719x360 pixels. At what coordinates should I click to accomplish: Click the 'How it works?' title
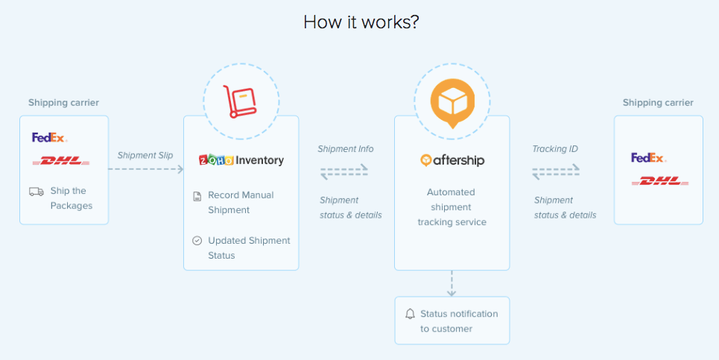[x=361, y=22]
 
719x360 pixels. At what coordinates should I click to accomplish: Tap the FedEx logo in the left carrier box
[x=49, y=137]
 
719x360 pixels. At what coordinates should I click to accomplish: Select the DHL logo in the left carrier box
[x=61, y=160]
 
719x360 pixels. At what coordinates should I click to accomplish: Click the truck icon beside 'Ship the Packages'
[x=36, y=192]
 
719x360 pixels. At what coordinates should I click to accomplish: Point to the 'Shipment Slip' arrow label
[x=145, y=155]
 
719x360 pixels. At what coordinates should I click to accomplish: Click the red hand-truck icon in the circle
[x=241, y=101]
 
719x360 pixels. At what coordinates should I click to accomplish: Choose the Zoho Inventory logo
[x=241, y=160]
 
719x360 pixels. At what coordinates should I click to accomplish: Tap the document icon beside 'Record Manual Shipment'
[x=197, y=196]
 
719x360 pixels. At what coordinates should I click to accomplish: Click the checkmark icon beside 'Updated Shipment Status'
[x=197, y=241]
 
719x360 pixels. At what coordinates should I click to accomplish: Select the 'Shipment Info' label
[x=345, y=149]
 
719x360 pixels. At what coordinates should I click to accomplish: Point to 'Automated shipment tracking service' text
[x=452, y=206]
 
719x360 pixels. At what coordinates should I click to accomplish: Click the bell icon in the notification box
[x=410, y=314]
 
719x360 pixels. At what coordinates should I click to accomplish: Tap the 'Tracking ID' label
[x=554, y=149]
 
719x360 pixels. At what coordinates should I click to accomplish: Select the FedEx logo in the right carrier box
[x=648, y=158]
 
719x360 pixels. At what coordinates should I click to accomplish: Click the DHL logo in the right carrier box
[x=659, y=181]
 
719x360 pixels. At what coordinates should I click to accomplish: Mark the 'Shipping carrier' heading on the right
[x=658, y=103]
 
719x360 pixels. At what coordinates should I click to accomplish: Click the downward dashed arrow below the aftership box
[x=452, y=283]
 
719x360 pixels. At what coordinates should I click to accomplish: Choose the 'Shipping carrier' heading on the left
[x=63, y=103]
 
